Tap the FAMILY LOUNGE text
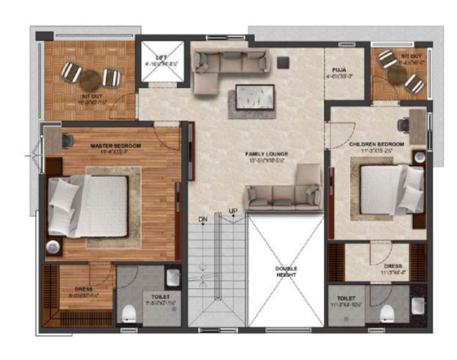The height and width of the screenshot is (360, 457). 266,154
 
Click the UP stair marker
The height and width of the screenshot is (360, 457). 233,213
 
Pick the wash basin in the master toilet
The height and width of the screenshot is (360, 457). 172,277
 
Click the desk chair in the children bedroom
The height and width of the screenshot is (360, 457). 403,124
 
